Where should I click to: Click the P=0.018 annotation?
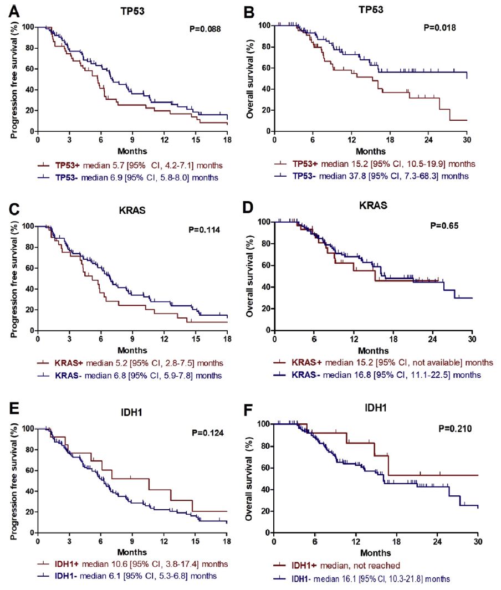click(439, 28)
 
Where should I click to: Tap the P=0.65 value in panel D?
click(446, 226)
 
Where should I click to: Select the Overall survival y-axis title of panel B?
click(251, 80)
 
